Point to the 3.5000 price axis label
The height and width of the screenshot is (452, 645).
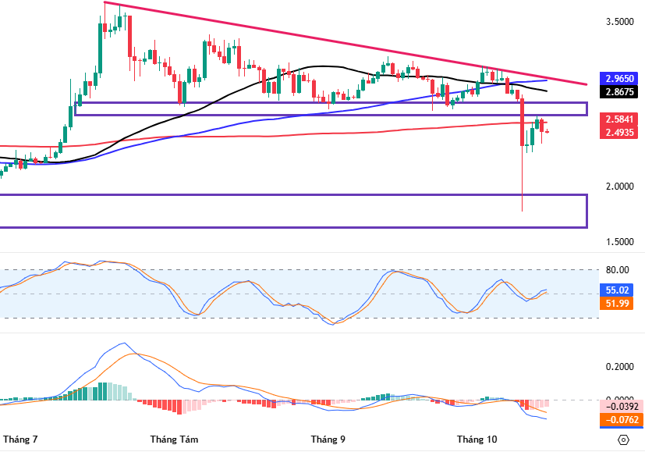tap(620, 22)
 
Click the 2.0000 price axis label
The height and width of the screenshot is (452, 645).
tap(620, 187)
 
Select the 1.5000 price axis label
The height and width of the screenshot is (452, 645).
tap(620, 242)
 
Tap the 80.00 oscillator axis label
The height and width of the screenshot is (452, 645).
tap(618, 270)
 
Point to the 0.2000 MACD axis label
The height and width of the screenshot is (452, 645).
tap(620, 367)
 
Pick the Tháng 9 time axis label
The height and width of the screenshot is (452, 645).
tap(328, 439)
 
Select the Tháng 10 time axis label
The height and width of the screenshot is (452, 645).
tap(477, 439)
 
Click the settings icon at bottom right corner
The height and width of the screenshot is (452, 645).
tap(623, 440)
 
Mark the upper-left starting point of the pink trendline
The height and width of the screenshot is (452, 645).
tap(105, 2)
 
